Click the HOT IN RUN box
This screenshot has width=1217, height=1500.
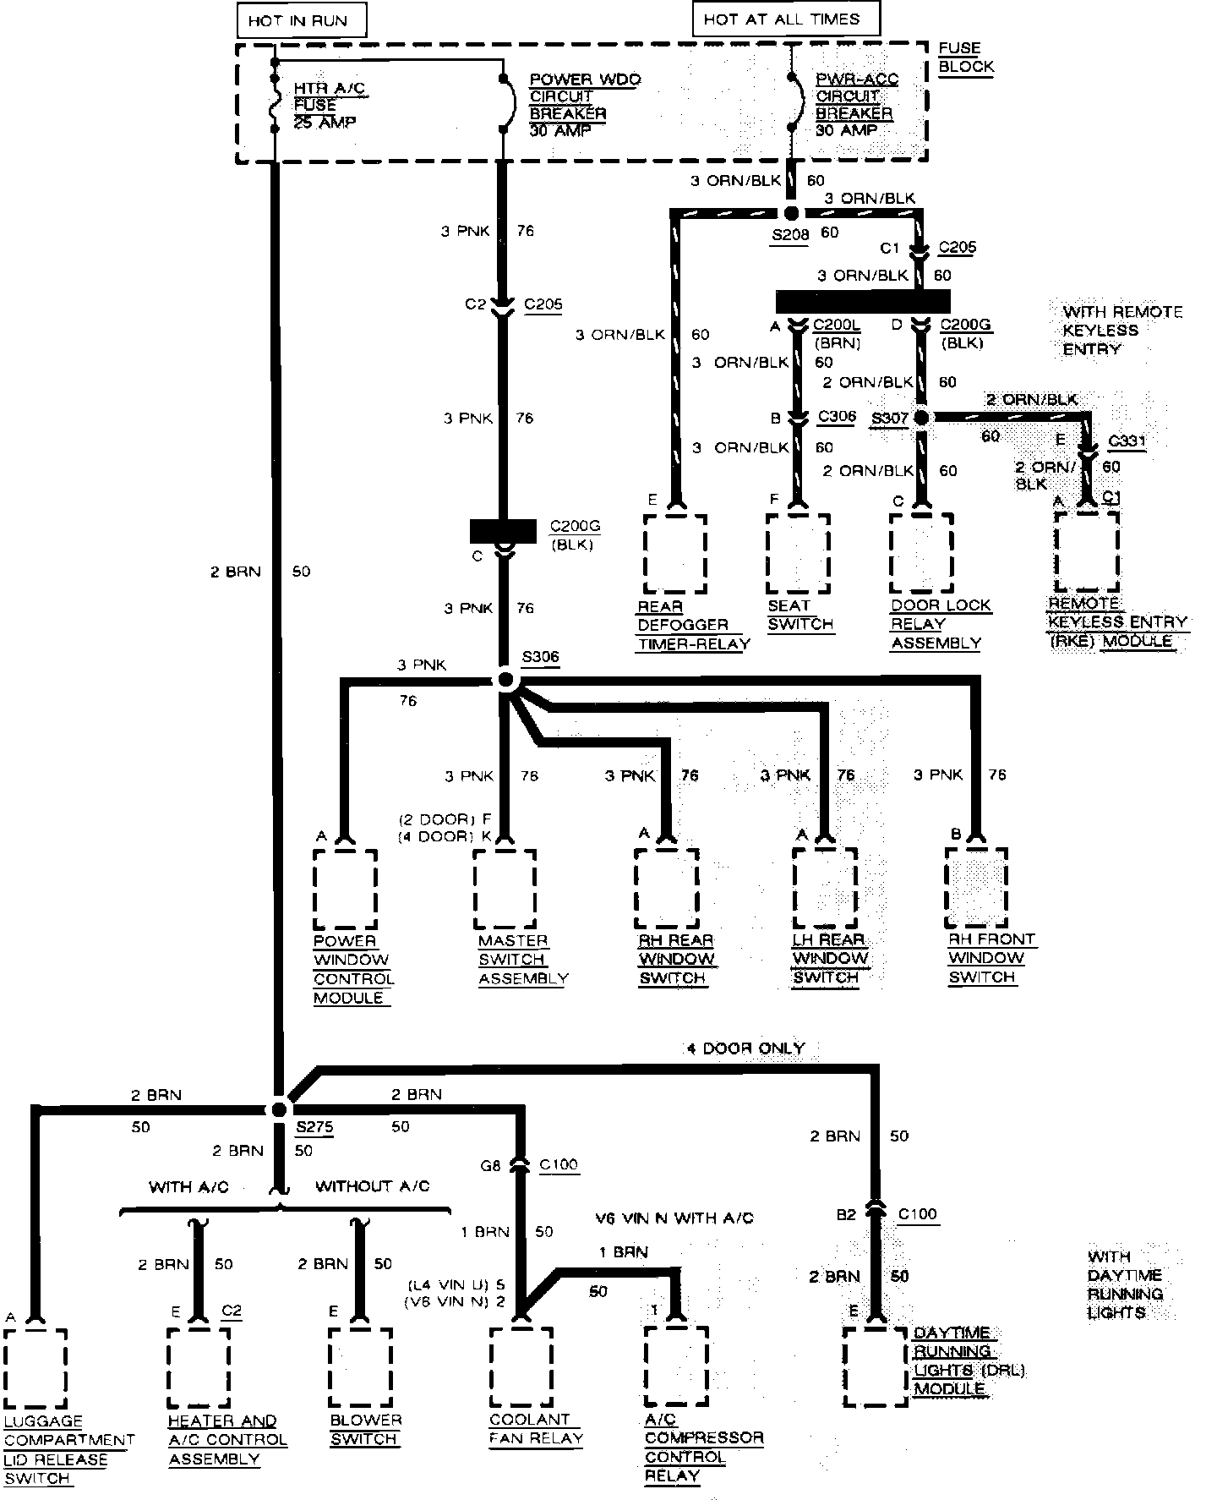coord(298,20)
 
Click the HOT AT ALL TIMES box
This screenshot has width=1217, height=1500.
coord(785,19)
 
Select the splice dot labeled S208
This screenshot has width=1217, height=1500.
coord(791,213)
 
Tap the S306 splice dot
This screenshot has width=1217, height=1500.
coord(505,680)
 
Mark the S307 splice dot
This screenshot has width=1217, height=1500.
coord(921,418)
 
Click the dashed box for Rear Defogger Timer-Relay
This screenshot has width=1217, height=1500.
coord(675,554)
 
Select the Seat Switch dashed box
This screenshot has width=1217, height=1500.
coord(799,554)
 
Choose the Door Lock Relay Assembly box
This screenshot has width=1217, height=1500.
coord(922,554)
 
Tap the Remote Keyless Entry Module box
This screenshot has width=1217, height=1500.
coord(1087,552)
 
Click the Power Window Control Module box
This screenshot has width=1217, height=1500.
coord(345,889)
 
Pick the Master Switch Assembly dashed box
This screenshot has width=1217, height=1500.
coord(505,889)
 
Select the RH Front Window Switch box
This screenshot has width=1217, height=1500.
coord(976,887)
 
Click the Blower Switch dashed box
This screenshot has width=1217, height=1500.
coord(361,1368)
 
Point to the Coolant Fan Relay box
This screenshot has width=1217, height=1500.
coord(521,1368)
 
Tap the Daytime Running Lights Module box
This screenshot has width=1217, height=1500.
coord(876,1368)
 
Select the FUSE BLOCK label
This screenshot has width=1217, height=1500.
coord(965,58)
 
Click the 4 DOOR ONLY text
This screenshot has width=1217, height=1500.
coord(745,1048)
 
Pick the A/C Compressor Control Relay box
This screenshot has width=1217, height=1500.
coord(676,1368)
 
